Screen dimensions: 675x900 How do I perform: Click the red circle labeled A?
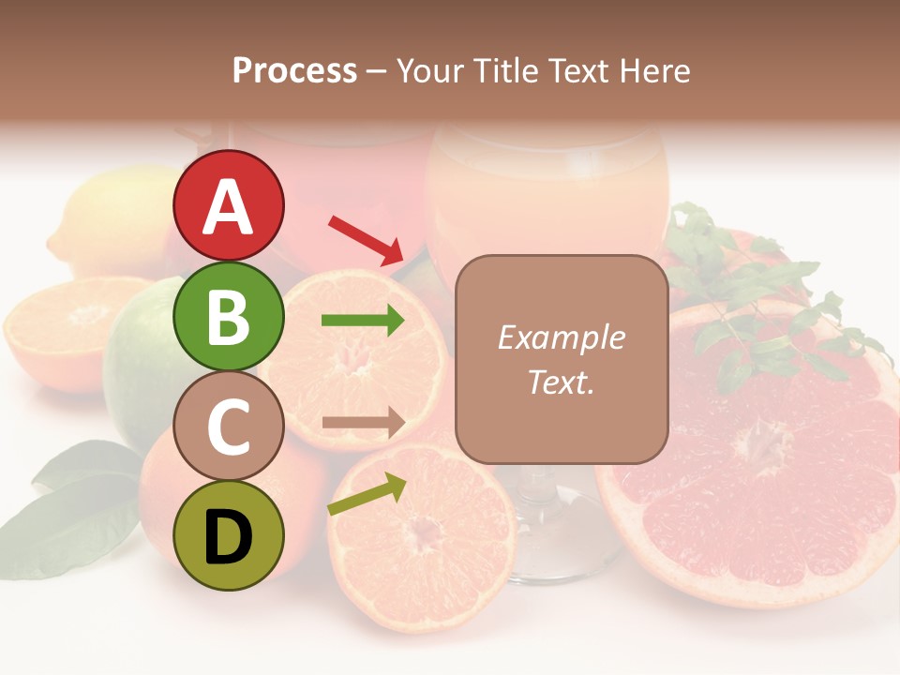(x=228, y=205)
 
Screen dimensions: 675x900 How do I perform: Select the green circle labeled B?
(x=228, y=316)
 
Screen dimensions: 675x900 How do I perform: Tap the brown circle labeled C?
(x=228, y=426)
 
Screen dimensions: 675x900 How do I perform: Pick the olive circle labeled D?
(x=228, y=535)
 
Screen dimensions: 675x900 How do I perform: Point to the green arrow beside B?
(x=363, y=322)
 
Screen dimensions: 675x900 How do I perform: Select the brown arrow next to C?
(x=363, y=423)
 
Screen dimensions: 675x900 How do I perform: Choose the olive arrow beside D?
(x=367, y=494)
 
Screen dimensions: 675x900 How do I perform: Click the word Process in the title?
(x=294, y=70)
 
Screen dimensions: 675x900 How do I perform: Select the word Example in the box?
(x=561, y=337)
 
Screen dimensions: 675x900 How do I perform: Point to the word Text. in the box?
(x=561, y=382)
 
